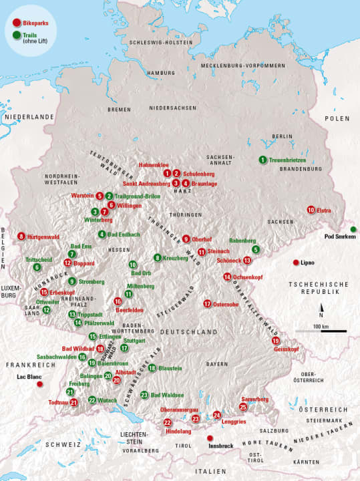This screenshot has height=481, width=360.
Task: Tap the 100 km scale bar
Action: click(x=321, y=331)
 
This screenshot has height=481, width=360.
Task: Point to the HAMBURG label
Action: click(x=161, y=73)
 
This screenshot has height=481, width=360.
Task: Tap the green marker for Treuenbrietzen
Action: click(x=262, y=160)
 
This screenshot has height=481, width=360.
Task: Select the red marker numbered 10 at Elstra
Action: click(x=311, y=210)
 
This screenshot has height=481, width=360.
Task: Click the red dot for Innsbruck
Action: click(x=202, y=438)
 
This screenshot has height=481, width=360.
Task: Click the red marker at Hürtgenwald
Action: click(x=21, y=236)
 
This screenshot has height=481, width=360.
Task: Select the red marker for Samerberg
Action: click(x=243, y=406)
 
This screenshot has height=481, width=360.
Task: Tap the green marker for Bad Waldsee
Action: click(x=144, y=395)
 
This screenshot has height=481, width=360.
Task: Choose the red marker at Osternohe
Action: click(x=207, y=304)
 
